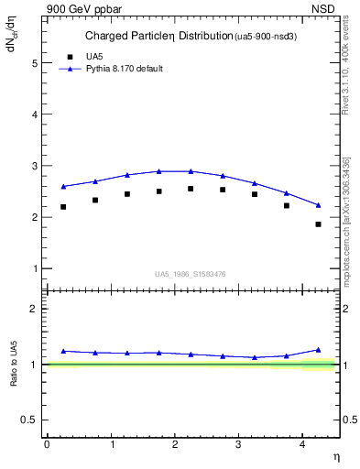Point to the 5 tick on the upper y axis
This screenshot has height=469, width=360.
pos(37,64)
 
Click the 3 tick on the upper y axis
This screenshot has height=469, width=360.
pos(37,167)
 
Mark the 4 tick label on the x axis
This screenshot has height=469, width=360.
pos(302,444)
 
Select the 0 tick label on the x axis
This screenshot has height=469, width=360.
pos(47,444)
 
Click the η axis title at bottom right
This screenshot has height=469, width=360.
pos(335,456)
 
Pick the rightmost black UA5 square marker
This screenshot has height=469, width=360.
pos(318,224)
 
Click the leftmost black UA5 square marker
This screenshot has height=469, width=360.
pos(63,207)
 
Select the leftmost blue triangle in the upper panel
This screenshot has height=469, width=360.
pos(63,186)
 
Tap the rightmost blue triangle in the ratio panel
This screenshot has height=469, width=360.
pos(318,350)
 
